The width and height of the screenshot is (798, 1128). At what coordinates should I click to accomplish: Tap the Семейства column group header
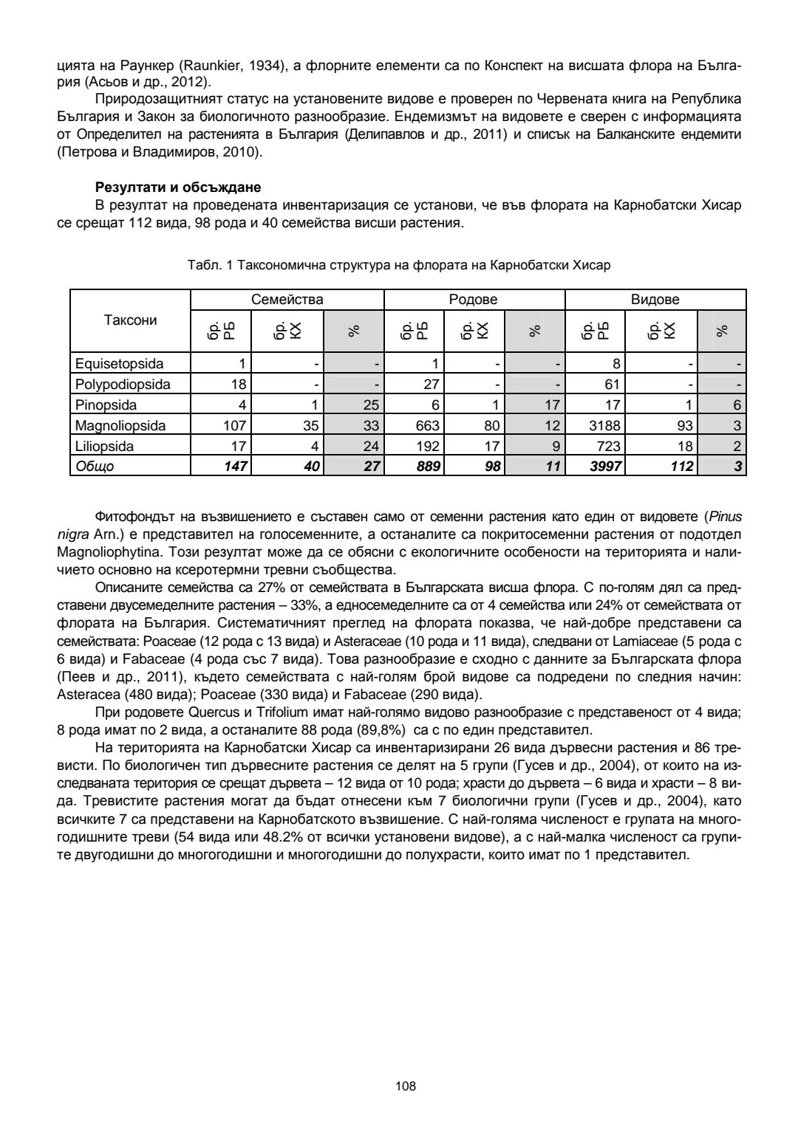pyautogui.click(x=287, y=300)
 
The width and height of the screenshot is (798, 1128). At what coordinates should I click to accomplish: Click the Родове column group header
pyautogui.click(x=474, y=300)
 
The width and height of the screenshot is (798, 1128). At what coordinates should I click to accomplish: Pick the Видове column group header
pyautogui.click(x=655, y=300)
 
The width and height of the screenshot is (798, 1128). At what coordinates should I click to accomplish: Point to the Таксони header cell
pyautogui.click(x=130, y=320)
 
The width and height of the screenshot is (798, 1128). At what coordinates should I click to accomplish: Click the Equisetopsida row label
pyautogui.click(x=120, y=363)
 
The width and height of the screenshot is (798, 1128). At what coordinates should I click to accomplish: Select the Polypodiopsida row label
pyautogui.click(x=123, y=384)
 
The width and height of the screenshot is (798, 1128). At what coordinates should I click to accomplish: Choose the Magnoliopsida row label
pyautogui.click(x=120, y=425)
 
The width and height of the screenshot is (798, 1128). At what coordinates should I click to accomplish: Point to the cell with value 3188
pyautogui.click(x=605, y=425)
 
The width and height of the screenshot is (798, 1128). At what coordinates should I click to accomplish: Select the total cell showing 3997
pyautogui.click(x=605, y=467)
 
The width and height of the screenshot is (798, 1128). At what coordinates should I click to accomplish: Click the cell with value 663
pyautogui.click(x=427, y=425)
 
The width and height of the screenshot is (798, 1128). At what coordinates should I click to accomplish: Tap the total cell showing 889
pyautogui.click(x=427, y=467)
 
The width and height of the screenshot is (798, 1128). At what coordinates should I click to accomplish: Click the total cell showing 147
pyautogui.click(x=234, y=467)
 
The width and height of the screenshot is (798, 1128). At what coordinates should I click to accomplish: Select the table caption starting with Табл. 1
pyautogui.click(x=400, y=264)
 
